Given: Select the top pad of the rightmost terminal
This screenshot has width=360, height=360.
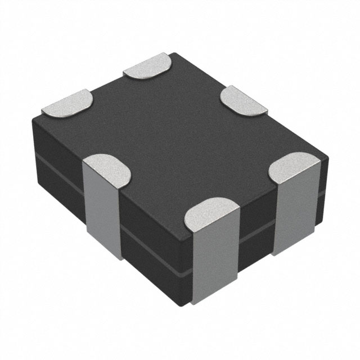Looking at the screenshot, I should (296, 166).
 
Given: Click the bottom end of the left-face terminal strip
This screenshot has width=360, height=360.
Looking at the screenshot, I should (104, 256).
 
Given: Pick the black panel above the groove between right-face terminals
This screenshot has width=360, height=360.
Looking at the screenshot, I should (256, 208).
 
